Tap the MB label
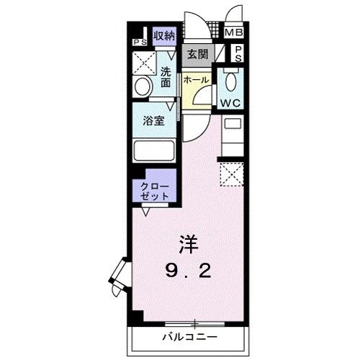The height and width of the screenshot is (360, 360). coord(233,33)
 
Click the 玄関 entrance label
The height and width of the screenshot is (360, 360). coord(198,54)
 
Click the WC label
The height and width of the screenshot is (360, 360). coord(230,102)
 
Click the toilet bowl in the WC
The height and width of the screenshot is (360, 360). coord(230,81)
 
